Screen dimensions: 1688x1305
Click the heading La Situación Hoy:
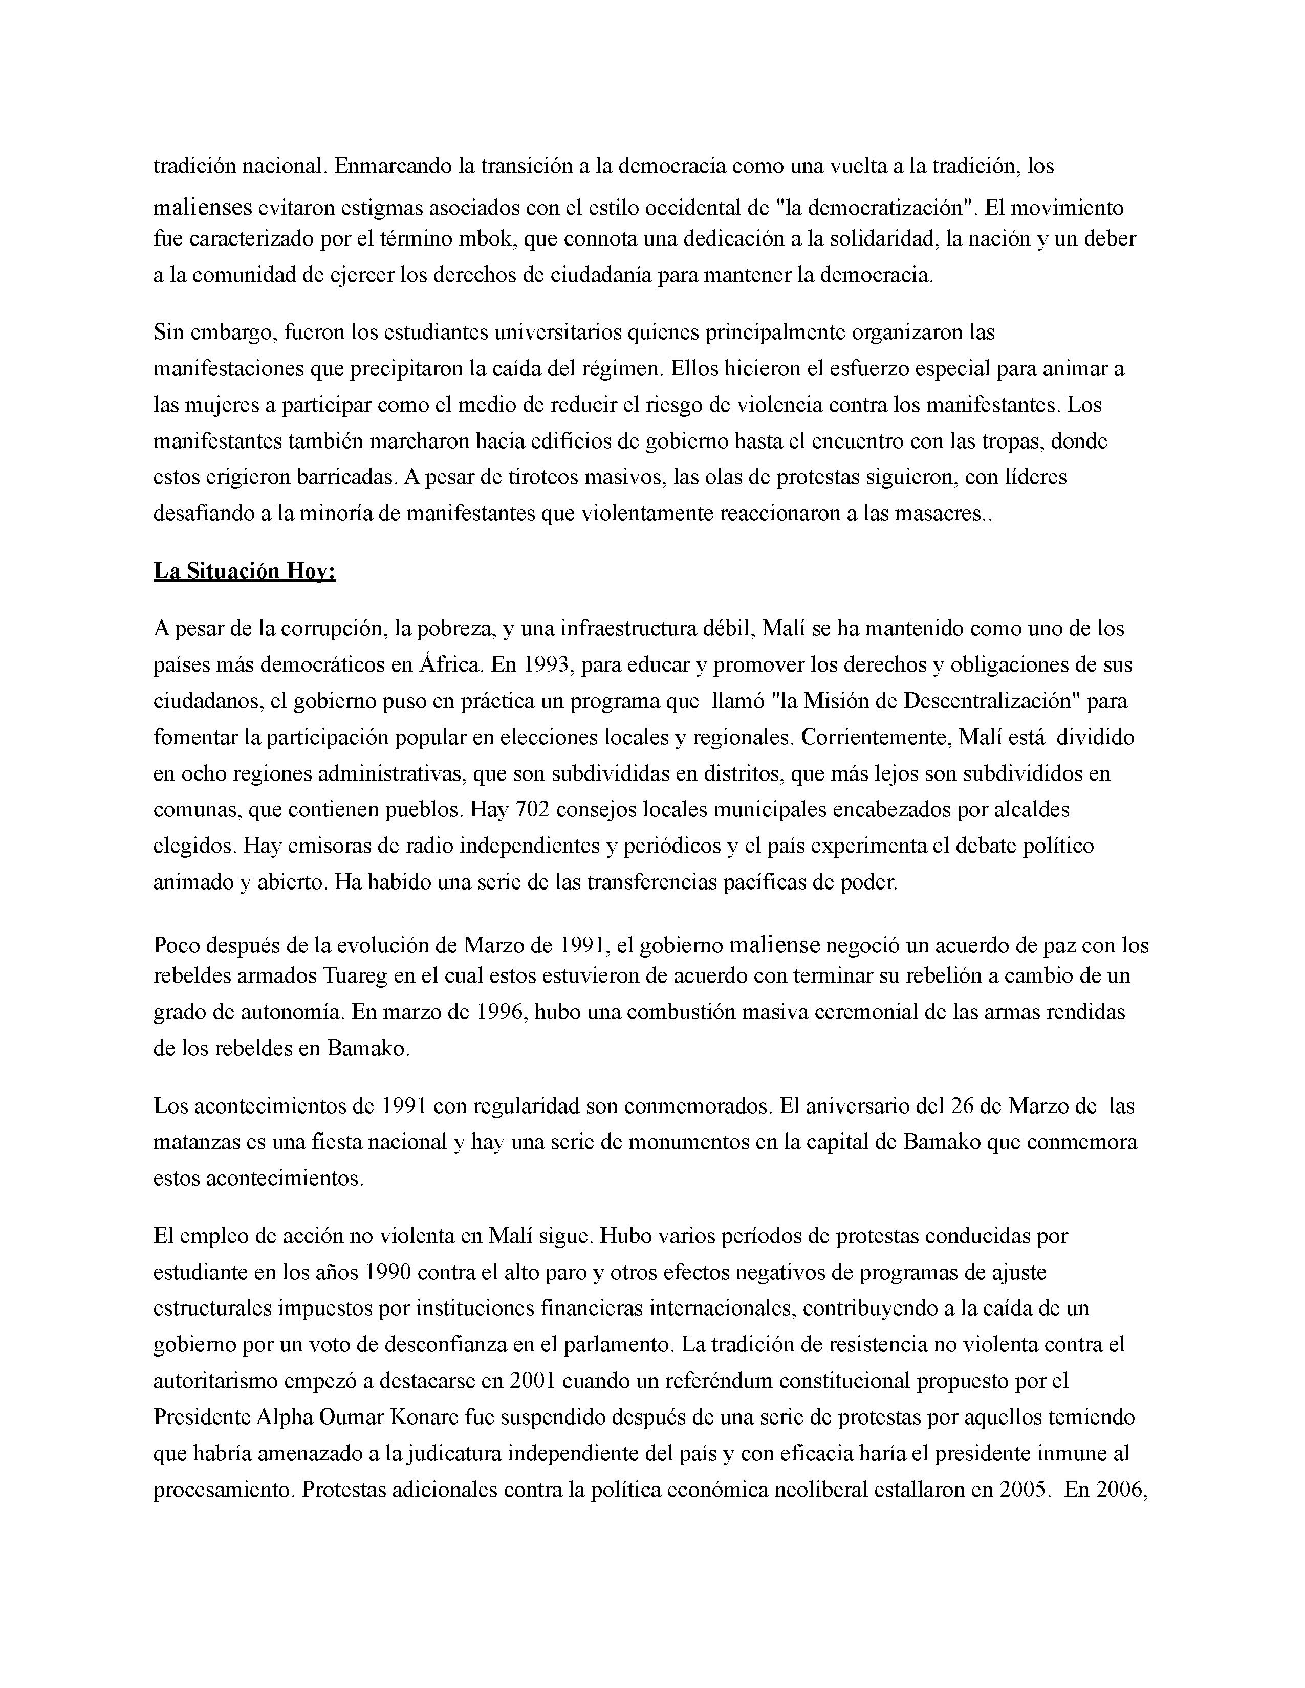[244, 571]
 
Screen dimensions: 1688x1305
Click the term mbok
[486, 239]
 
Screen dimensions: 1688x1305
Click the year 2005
[1025, 1490]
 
